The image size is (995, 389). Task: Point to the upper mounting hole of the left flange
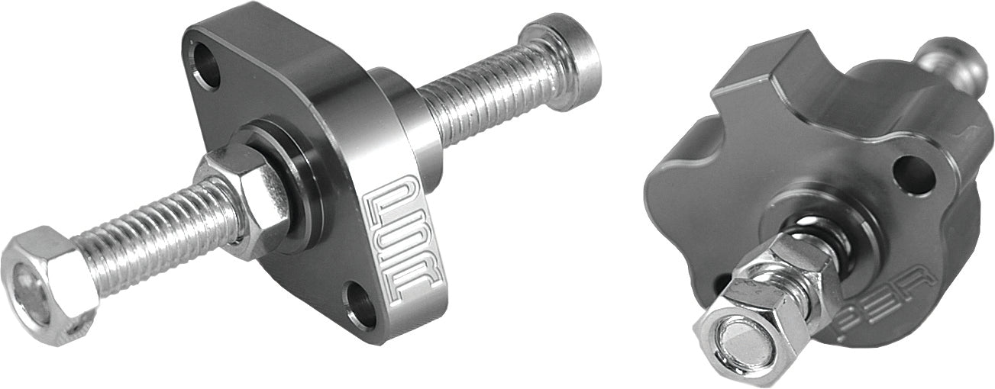pos(207,66)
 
